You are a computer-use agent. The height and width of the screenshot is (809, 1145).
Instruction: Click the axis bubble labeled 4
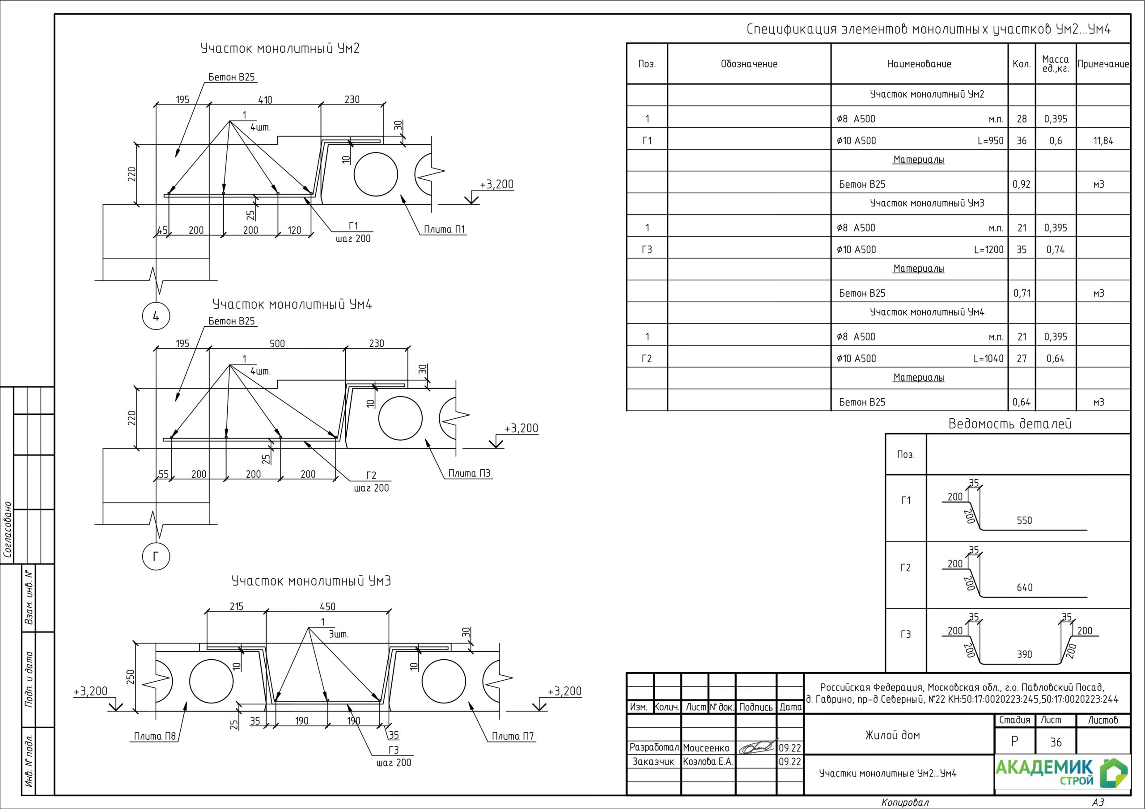click(x=156, y=316)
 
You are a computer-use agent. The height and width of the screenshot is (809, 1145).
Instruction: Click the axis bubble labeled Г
click(x=156, y=556)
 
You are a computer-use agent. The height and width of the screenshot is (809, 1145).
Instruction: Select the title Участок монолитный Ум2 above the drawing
click(x=280, y=49)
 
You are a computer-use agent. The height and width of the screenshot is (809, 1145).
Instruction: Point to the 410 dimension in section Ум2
click(x=265, y=100)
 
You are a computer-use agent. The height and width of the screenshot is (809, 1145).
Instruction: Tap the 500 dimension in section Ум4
click(x=277, y=343)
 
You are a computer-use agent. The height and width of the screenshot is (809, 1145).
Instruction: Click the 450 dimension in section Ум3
click(x=328, y=607)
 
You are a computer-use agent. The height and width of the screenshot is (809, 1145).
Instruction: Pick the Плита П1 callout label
click(x=444, y=229)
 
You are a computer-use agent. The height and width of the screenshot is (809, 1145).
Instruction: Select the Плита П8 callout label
click(x=155, y=736)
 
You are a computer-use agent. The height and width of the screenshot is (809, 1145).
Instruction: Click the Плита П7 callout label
click(x=513, y=736)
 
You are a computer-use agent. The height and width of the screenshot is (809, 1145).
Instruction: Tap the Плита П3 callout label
click(x=469, y=473)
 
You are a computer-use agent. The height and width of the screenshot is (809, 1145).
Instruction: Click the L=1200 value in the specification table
click(x=989, y=250)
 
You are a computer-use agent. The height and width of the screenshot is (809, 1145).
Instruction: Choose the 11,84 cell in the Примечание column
click(x=1103, y=140)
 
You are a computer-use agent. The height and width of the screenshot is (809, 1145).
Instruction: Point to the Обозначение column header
click(x=749, y=64)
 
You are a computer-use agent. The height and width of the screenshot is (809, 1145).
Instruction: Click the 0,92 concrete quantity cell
click(x=1021, y=185)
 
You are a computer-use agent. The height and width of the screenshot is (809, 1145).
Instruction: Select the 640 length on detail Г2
click(x=1025, y=588)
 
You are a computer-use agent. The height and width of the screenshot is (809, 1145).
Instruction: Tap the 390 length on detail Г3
click(x=1025, y=654)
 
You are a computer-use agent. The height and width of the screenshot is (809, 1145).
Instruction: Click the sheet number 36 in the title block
click(x=1056, y=742)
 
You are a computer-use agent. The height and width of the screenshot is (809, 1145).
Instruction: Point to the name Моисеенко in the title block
click(x=706, y=748)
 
